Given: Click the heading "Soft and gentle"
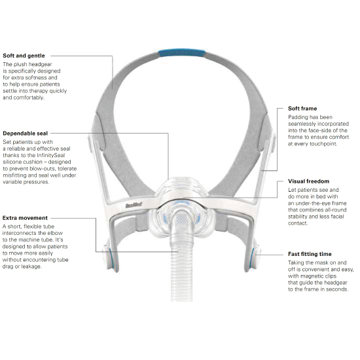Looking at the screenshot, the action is (x=24, y=56).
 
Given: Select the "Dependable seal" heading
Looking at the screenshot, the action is (x=26, y=134).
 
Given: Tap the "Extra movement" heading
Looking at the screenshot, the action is (x=25, y=218).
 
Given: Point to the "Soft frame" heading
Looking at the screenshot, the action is (x=302, y=109).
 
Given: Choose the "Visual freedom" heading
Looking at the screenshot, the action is (x=308, y=181).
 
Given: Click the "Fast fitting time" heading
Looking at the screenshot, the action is (x=310, y=254).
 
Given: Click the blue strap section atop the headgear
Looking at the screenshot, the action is (x=182, y=53).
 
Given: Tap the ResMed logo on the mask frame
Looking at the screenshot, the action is (x=134, y=205).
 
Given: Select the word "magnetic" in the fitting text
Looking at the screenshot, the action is (x=312, y=276).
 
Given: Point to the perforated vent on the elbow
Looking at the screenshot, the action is (x=181, y=219).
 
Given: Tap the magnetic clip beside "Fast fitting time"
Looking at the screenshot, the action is (x=253, y=259).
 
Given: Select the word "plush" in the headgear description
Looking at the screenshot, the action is (x=20, y=65).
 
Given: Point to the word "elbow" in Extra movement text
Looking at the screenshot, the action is (x=55, y=233).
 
